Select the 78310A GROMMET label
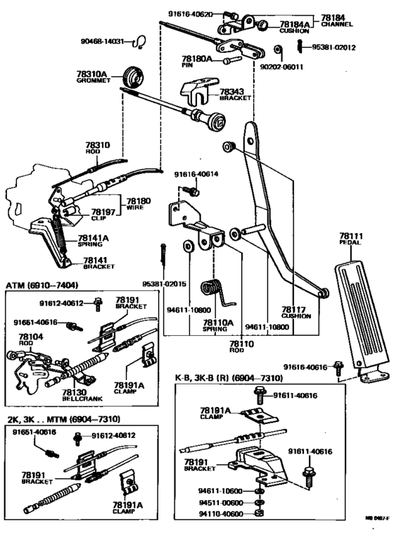(91, 77)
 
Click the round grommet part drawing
(130, 75)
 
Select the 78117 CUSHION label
(296, 312)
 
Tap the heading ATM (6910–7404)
(42, 285)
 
